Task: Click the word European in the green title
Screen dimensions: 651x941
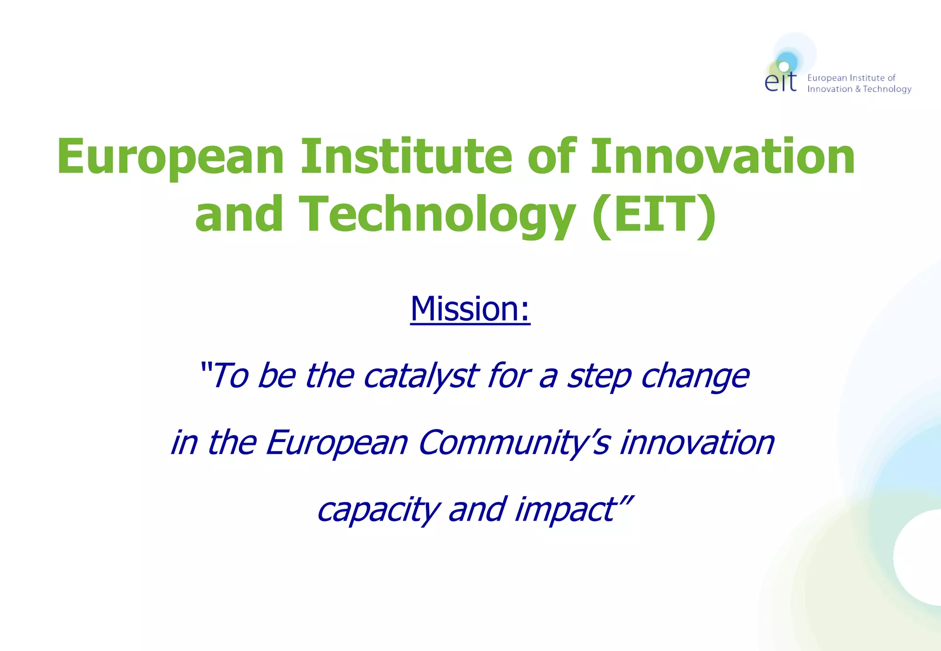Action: [x=170, y=157]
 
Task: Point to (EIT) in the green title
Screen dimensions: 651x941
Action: [x=653, y=214]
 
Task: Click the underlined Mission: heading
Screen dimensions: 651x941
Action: [x=470, y=309]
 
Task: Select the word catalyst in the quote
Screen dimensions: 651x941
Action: [x=421, y=376]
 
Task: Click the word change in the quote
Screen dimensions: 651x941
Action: [x=695, y=376]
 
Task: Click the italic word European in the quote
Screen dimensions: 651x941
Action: [x=336, y=443]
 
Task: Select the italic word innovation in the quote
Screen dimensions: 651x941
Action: [x=697, y=443]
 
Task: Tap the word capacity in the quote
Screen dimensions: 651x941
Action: [x=378, y=510]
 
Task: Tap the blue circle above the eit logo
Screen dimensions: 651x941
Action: [x=788, y=61]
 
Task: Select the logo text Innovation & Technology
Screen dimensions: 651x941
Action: [x=859, y=89]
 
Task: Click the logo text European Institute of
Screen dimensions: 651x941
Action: [x=851, y=78]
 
